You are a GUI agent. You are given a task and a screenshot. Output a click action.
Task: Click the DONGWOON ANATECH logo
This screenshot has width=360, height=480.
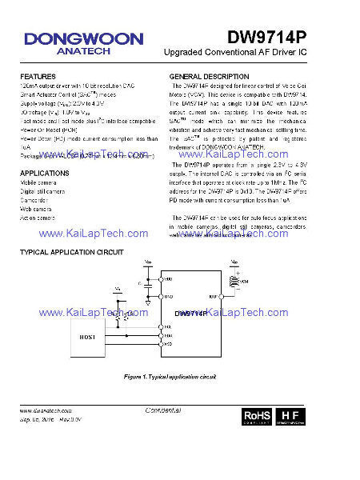(x=83, y=42)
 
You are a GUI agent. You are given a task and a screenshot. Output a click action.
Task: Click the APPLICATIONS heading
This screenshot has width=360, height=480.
(x=44, y=174)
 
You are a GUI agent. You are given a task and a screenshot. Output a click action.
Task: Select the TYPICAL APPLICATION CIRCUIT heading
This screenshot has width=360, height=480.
(x=72, y=253)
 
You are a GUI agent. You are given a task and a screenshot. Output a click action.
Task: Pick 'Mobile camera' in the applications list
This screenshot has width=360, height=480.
(x=38, y=183)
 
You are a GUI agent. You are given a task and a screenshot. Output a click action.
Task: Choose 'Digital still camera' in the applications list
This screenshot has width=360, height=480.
(x=43, y=192)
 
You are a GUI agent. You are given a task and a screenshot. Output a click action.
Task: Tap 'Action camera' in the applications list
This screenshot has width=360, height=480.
(x=38, y=218)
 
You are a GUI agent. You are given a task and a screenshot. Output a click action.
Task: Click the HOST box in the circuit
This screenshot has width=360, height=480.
(x=87, y=338)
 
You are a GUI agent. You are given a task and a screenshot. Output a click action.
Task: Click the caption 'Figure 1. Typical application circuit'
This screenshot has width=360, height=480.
(x=170, y=375)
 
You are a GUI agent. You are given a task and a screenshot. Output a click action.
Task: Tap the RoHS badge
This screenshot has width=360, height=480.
(x=256, y=417)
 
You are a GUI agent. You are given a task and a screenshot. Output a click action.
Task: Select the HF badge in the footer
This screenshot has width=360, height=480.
(x=292, y=417)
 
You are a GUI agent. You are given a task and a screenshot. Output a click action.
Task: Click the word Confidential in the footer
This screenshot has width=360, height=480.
(x=164, y=410)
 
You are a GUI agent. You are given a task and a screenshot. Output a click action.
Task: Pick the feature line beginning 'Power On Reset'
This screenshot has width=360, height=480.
(x=48, y=129)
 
